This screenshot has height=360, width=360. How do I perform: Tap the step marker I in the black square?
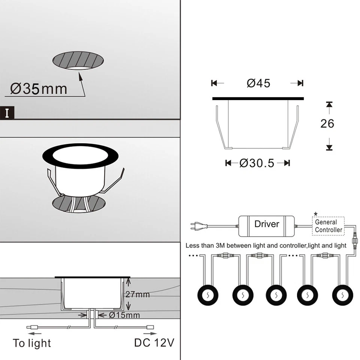(7, 113)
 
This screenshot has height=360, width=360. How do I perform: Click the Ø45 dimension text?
(258, 83)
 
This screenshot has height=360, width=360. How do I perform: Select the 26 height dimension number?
(327, 123)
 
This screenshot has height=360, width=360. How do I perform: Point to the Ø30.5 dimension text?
(257, 163)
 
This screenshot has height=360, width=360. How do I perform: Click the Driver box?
(267, 225)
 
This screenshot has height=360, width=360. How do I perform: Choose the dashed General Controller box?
(328, 226)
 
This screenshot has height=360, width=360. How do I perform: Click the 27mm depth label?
(137, 294)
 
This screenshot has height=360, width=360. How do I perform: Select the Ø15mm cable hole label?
(124, 315)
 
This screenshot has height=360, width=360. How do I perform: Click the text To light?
(32, 343)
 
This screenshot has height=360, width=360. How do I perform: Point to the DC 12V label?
(154, 343)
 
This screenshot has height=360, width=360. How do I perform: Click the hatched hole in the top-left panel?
(78, 61)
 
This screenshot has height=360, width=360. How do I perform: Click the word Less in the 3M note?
(193, 246)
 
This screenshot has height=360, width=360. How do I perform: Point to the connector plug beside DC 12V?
(150, 327)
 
